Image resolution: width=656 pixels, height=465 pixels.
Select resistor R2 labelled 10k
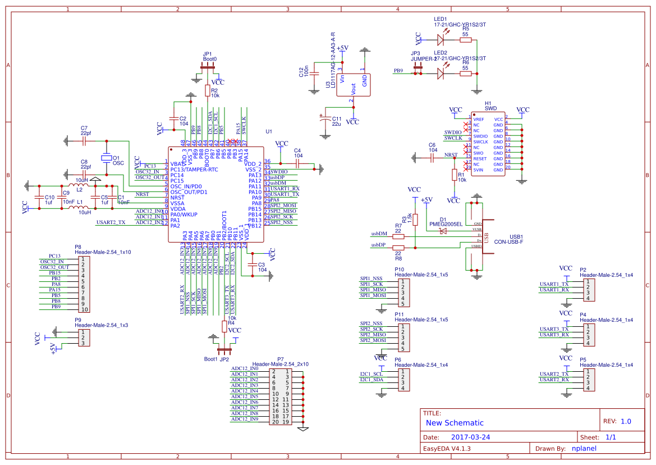pos(208,90)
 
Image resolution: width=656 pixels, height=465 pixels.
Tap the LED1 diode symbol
pos(441,39)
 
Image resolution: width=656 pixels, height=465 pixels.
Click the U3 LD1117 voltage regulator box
pos(353,85)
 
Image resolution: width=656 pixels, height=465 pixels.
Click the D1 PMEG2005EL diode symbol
pos(443,230)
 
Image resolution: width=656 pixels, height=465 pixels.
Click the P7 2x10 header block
pos(280,396)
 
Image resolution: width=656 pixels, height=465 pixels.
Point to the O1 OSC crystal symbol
pos(105,158)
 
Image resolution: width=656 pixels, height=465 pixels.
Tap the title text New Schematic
pos(455,423)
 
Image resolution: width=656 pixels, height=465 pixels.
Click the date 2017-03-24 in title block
pos(470,437)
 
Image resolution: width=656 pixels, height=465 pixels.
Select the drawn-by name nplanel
pos(584,448)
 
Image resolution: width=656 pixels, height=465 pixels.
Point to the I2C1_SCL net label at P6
pos(371,373)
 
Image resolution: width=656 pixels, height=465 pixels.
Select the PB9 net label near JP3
pos(398,71)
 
